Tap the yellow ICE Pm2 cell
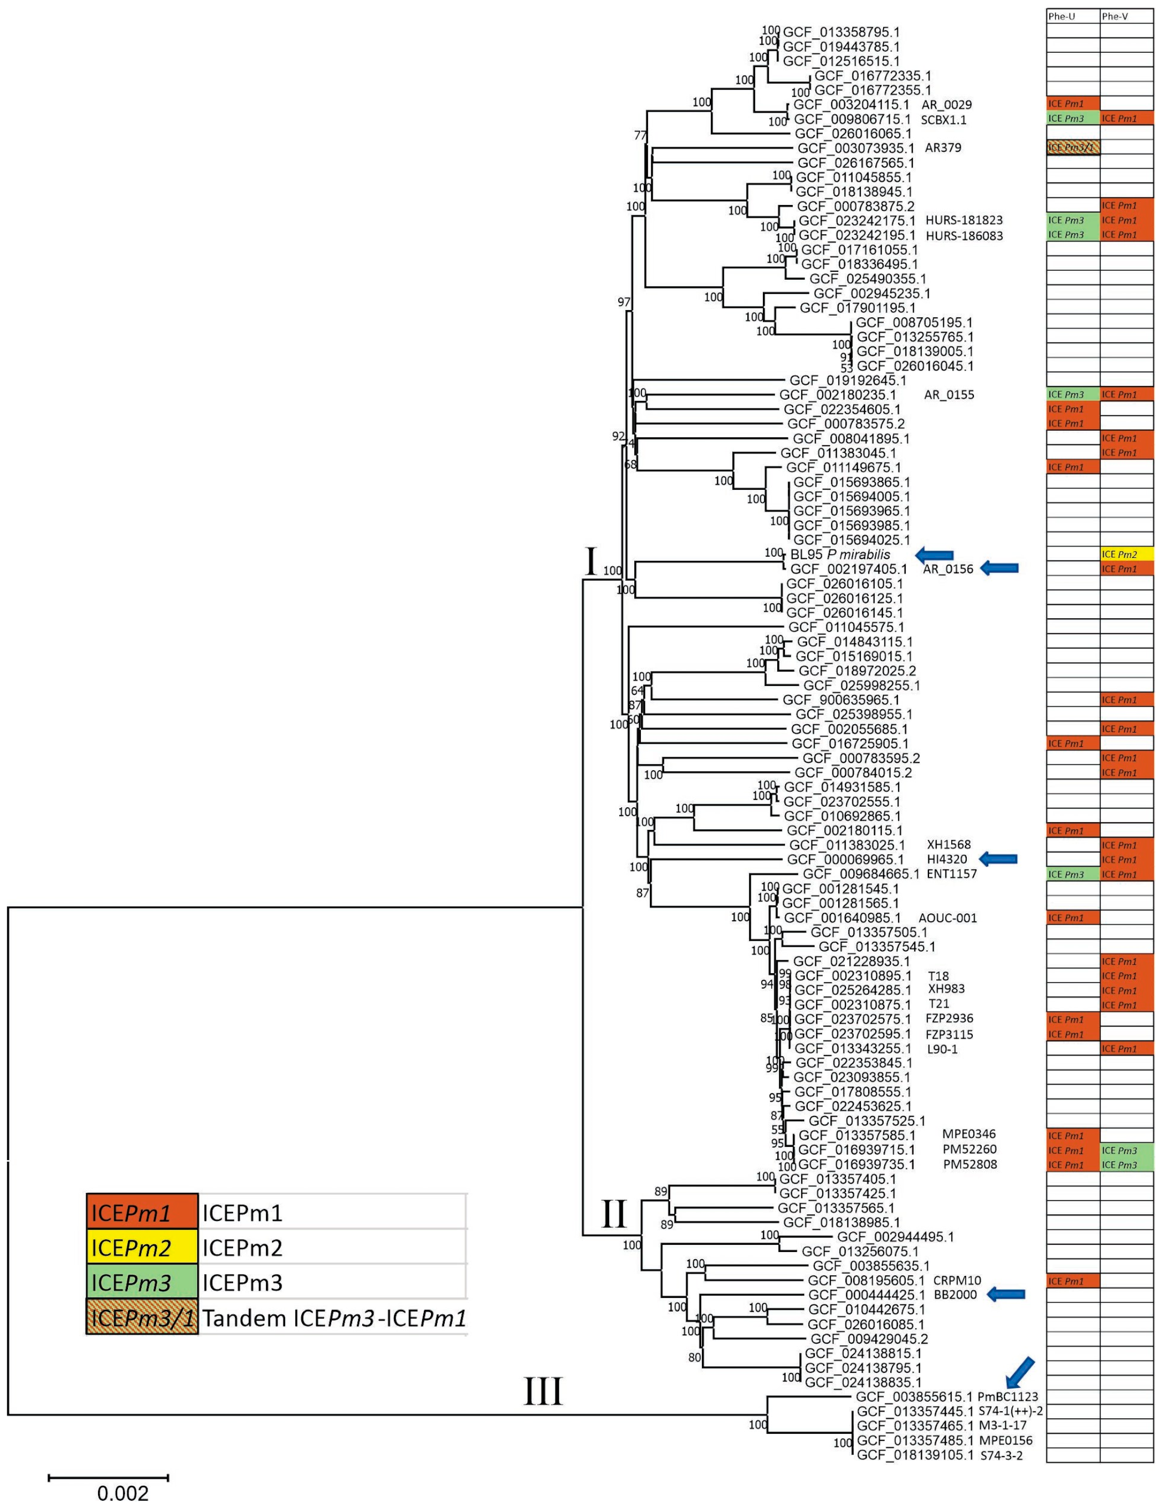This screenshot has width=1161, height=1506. [1126, 554]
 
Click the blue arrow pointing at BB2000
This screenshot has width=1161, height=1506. [1006, 1294]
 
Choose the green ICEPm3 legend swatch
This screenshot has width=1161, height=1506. [142, 1283]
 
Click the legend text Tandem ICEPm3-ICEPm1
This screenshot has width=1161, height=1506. [334, 1318]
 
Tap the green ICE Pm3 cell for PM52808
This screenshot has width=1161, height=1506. [1126, 1165]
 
